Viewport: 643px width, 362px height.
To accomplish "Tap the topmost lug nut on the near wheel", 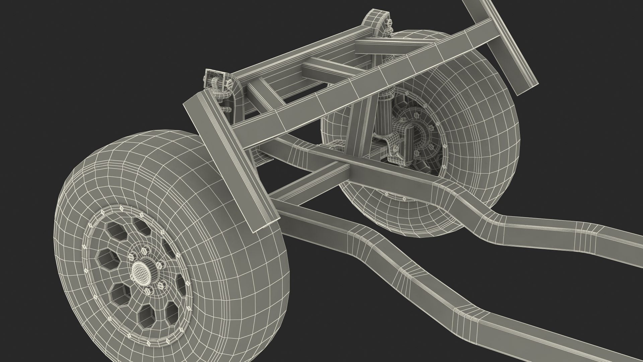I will [145, 251].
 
